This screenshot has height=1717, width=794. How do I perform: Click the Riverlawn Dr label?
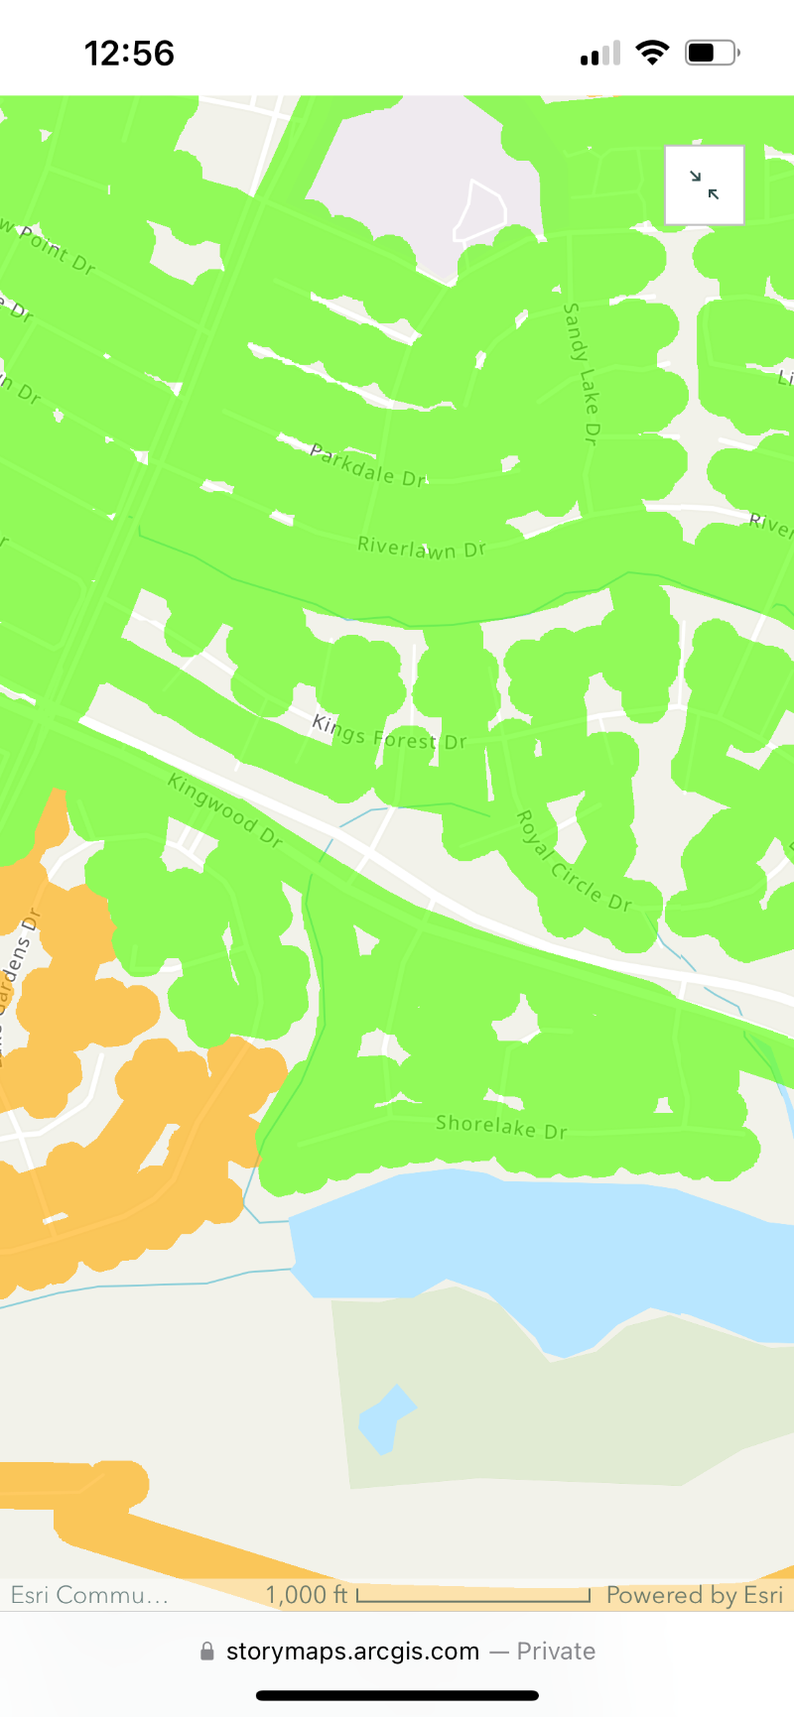(422, 547)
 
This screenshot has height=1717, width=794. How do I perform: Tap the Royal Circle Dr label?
(574, 861)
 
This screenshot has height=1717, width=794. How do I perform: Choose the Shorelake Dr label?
(501, 1126)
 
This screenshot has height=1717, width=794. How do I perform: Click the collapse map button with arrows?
(705, 184)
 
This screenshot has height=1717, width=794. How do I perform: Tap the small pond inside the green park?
(385, 1418)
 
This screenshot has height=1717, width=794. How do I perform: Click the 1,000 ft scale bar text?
(307, 1595)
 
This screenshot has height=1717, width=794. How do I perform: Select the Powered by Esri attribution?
(695, 1595)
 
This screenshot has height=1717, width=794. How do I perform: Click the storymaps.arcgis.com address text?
(352, 1652)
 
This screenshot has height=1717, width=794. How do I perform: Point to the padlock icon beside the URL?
(207, 1652)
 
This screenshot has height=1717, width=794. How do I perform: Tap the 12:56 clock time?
(129, 54)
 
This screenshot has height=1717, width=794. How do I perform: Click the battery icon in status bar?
(712, 53)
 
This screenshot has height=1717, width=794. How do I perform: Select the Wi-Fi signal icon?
(652, 53)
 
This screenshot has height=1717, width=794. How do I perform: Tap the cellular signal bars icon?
(600, 54)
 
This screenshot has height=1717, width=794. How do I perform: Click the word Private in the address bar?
(556, 1652)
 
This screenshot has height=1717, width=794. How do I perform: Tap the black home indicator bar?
(397, 1695)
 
